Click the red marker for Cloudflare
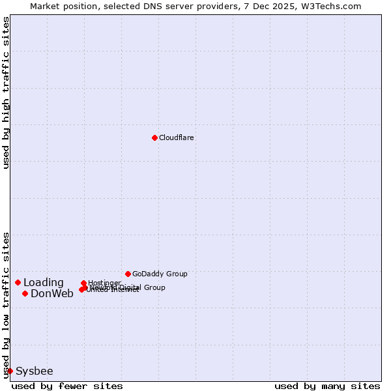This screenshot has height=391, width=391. [154, 138]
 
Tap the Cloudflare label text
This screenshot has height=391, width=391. [177, 138]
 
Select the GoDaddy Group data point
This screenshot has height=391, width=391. [128, 274]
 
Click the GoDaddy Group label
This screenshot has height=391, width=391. [160, 274]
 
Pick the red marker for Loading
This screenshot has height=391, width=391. [18, 282]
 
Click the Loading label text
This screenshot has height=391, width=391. [44, 283]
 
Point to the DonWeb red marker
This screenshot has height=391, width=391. [25, 293]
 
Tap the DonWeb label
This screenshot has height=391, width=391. [52, 294]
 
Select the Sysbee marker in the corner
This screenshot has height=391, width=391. [10, 371]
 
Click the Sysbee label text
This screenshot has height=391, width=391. [35, 371]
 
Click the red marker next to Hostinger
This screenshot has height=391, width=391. [84, 283]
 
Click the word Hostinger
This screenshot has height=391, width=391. [105, 283]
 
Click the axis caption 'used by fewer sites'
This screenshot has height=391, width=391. [67, 386]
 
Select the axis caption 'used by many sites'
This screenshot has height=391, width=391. [327, 386]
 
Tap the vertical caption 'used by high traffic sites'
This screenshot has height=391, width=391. [6, 93]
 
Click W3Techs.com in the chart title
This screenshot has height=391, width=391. [334, 6]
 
